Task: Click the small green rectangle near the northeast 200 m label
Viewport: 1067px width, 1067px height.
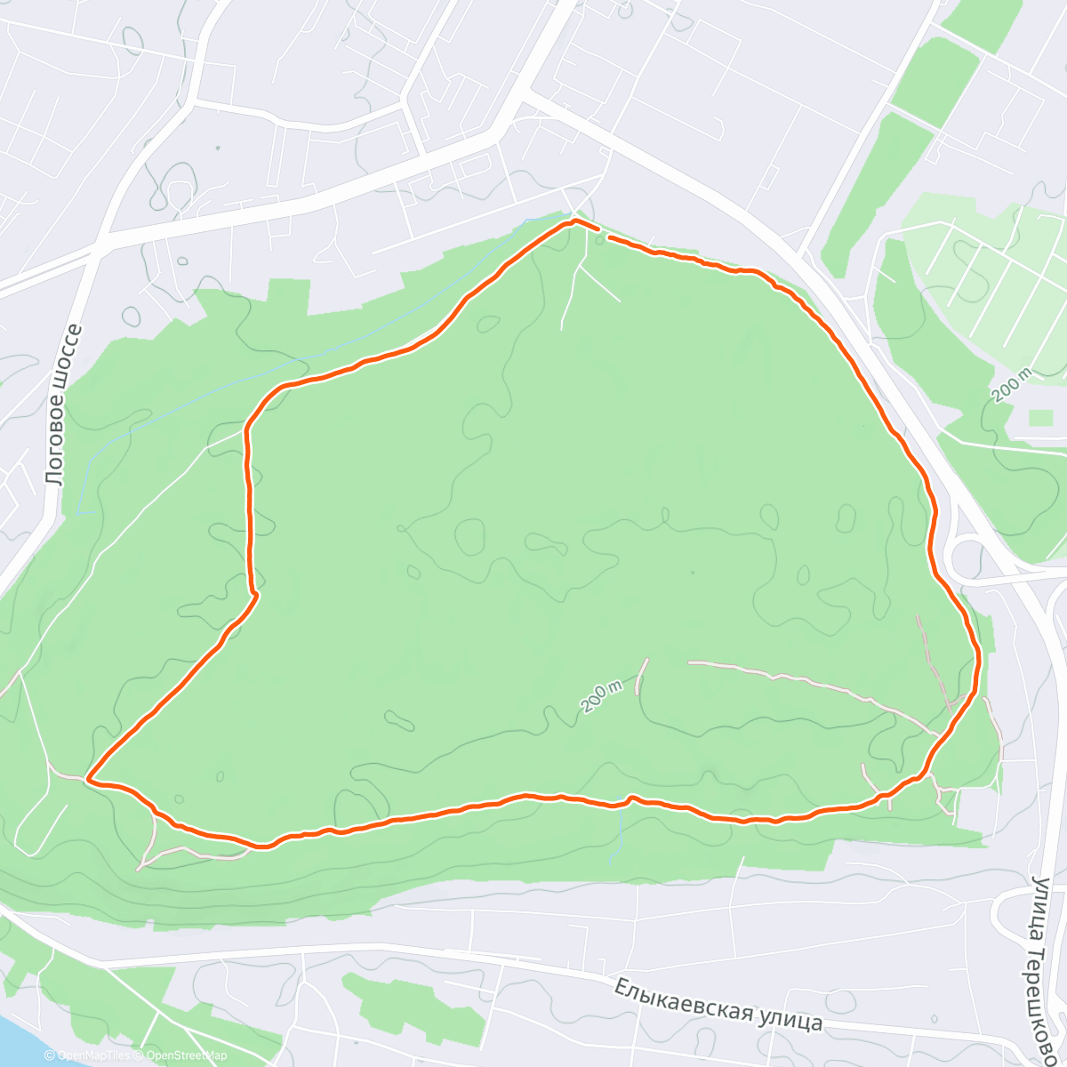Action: click(1040, 417)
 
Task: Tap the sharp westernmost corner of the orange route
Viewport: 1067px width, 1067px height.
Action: click(88, 780)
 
